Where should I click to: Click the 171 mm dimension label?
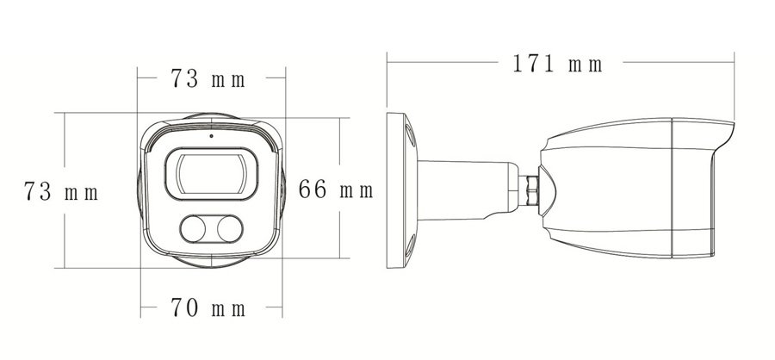click(557, 65)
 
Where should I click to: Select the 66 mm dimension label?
click(336, 189)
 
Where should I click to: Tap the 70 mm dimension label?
click(208, 307)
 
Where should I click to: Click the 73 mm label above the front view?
click(208, 78)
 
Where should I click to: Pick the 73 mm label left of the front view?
click(61, 191)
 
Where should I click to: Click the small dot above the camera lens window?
click(211, 135)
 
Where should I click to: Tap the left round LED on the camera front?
click(193, 229)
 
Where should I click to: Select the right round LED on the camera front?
click(230, 229)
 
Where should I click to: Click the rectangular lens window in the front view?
click(211, 174)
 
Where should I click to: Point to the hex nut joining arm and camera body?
click(532, 190)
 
